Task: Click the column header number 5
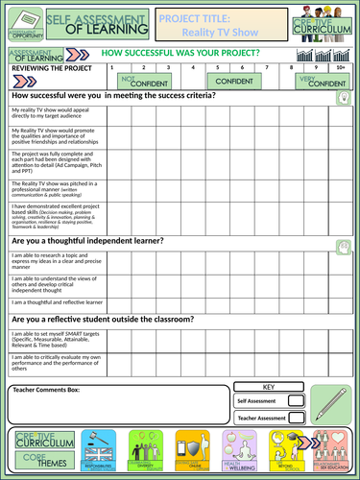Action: tap(219, 68)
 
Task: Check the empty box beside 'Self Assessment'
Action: tap(297, 401)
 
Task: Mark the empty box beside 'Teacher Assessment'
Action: tap(297, 418)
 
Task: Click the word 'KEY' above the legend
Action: tap(268, 387)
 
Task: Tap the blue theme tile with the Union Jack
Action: tap(99, 449)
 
